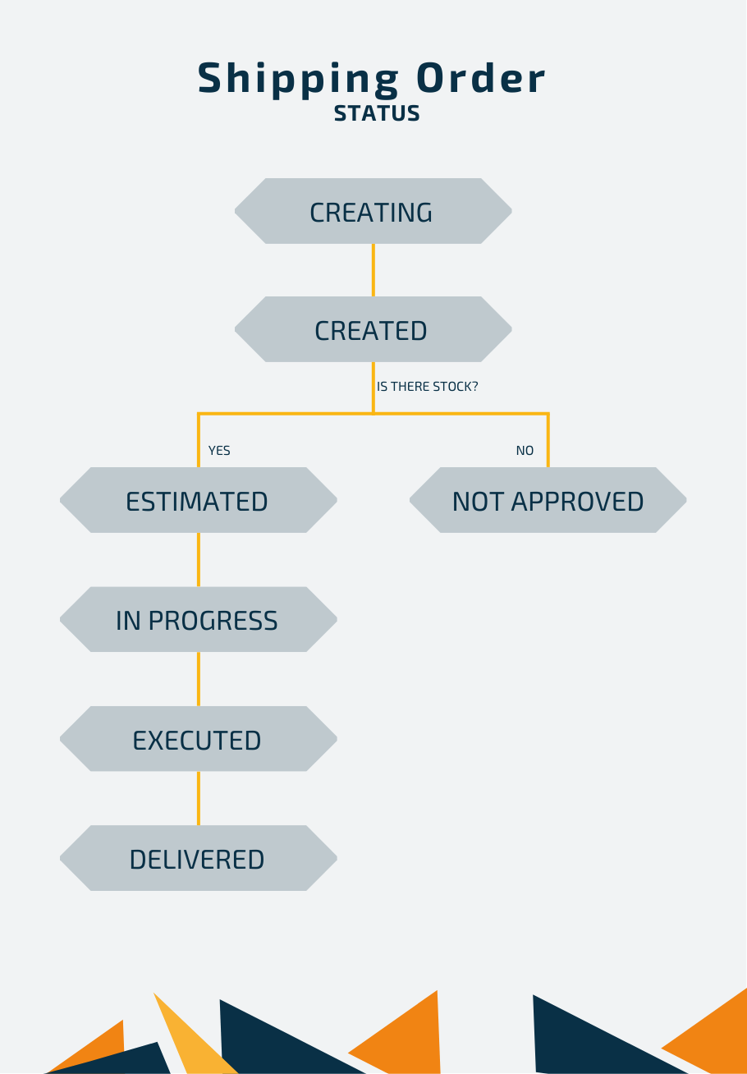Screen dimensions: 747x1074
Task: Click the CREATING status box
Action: (x=373, y=211)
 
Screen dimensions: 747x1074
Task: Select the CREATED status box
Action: (x=373, y=329)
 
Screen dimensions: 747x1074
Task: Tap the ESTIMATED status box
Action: (x=199, y=500)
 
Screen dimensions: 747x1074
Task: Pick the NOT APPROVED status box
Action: (x=548, y=500)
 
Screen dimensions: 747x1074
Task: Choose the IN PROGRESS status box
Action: (x=199, y=619)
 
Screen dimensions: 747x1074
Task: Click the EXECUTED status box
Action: (x=199, y=739)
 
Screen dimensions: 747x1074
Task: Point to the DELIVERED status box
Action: (x=199, y=858)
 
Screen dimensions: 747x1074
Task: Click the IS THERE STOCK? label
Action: (x=427, y=387)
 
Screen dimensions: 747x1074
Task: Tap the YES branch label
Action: (x=219, y=451)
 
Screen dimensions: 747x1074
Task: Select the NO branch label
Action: (x=525, y=451)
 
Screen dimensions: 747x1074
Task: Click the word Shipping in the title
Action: (x=298, y=80)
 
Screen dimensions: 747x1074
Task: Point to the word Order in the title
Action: (x=481, y=78)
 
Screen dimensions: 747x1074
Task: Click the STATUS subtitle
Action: (x=377, y=113)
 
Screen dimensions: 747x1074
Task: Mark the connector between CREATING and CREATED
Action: (x=373, y=270)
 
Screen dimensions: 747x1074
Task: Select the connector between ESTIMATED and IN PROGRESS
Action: (x=199, y=559)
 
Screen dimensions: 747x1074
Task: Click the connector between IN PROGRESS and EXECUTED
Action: (x=199, y=679)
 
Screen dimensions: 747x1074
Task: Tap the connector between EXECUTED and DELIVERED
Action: (x=199, y=798)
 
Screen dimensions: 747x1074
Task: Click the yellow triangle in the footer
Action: (x=192, y=1040)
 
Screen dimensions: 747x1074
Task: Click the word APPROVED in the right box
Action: (x=577, y=502)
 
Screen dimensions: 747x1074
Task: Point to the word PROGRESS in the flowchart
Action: (x=213, y=621)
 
